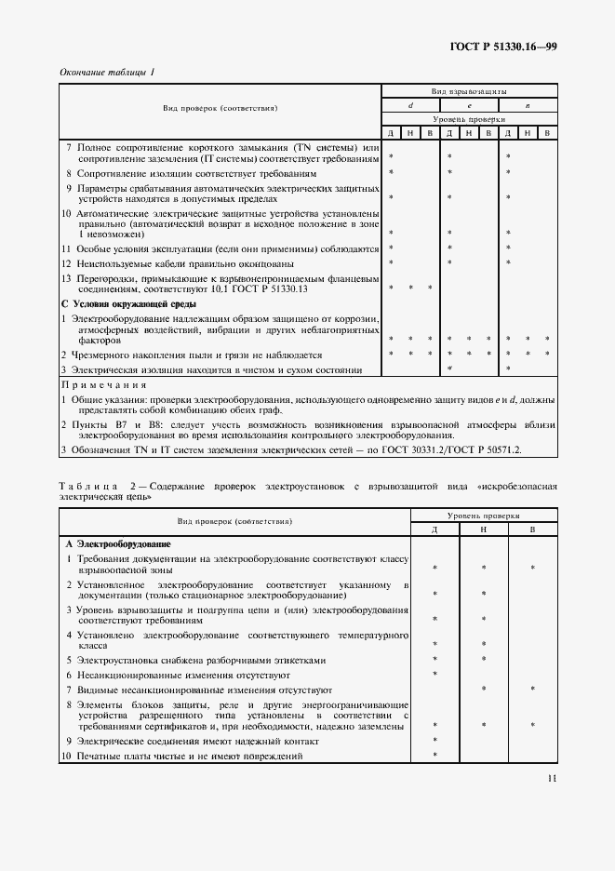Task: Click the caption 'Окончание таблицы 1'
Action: (107, 73)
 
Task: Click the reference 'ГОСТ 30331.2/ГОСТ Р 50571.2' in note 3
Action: (452, 449)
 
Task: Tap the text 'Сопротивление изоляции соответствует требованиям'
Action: (190, 173)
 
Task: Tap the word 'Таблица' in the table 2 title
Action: (88, 487)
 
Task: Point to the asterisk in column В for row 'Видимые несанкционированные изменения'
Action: (531, 690)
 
